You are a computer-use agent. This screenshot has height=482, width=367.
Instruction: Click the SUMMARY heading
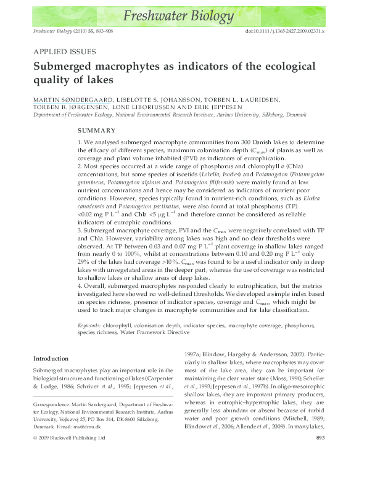point(96,131)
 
